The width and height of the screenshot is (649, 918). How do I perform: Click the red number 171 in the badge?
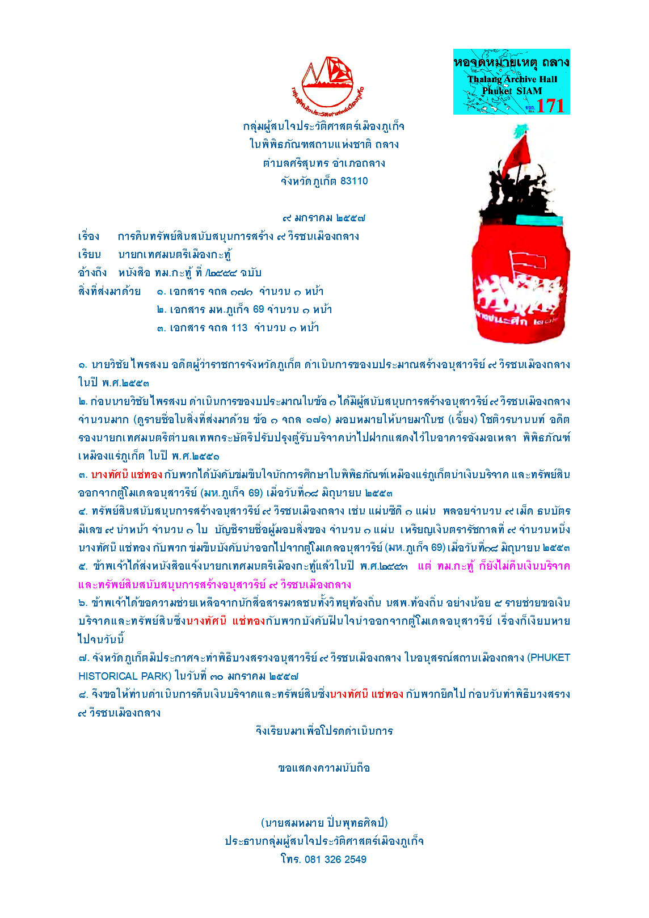pos(550,106)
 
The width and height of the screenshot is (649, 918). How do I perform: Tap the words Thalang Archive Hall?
pos(512,79)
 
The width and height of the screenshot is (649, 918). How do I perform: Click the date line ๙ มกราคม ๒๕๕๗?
pos(323,218)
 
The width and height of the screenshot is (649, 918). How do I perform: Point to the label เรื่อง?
pos(88,237)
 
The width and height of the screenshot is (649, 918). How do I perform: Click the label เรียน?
pos(90,255)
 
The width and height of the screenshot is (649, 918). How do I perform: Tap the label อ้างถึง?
pos(92,273)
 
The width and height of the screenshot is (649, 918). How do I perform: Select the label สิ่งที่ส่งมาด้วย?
pos(109,292)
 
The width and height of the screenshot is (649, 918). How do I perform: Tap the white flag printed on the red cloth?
pos(528,262)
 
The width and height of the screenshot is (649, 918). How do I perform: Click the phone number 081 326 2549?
pos(335,860)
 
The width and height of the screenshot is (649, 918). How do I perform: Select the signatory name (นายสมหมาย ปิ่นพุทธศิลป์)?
pos(324,823)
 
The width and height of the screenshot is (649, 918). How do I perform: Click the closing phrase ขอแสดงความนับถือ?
pos(324,768)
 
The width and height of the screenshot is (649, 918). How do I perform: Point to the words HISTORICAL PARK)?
pos(125,676)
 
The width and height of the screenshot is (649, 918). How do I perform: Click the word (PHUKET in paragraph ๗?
pos(549,658)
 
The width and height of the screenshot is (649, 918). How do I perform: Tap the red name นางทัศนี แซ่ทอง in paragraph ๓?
pos(127,474)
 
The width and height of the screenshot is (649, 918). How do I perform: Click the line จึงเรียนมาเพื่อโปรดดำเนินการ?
pos(324,731)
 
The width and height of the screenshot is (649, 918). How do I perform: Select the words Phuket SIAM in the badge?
pos(512,91)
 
